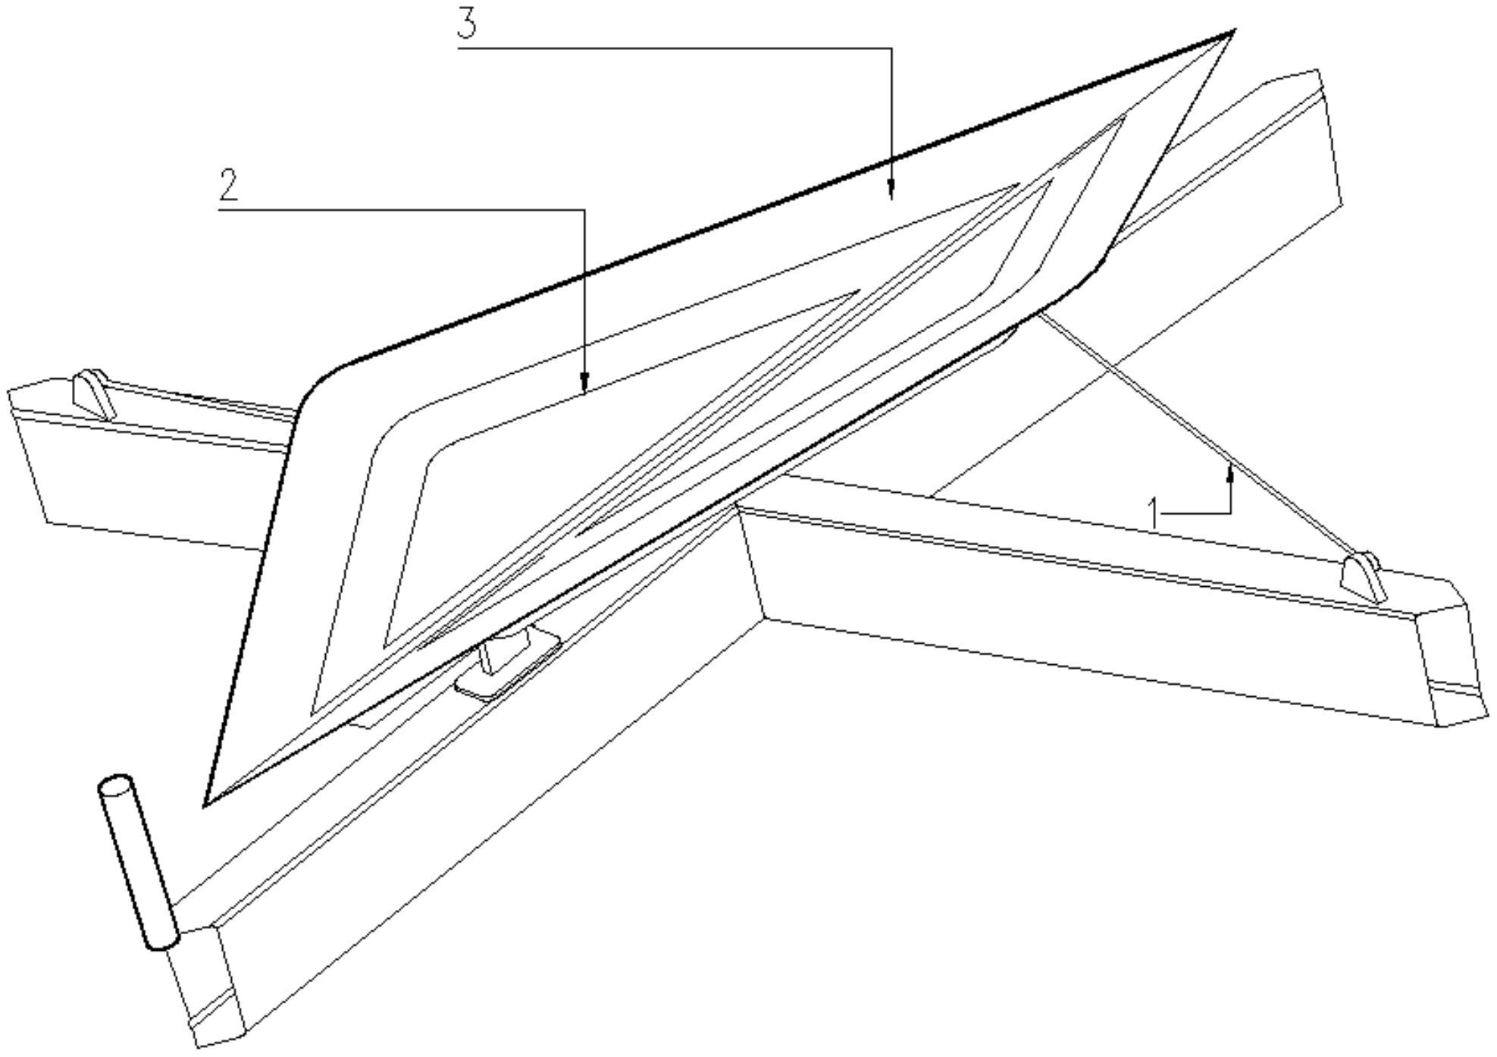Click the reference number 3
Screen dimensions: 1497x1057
click(x=467, y=23)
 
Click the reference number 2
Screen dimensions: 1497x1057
click(x=229, y=185)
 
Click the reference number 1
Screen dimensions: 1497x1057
click(x=1154, y=513)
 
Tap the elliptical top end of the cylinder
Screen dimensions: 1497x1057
click(x=116, y=786)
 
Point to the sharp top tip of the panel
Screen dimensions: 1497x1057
click(x=1231, y=33)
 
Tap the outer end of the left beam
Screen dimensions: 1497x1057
click(x=30, y=455)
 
